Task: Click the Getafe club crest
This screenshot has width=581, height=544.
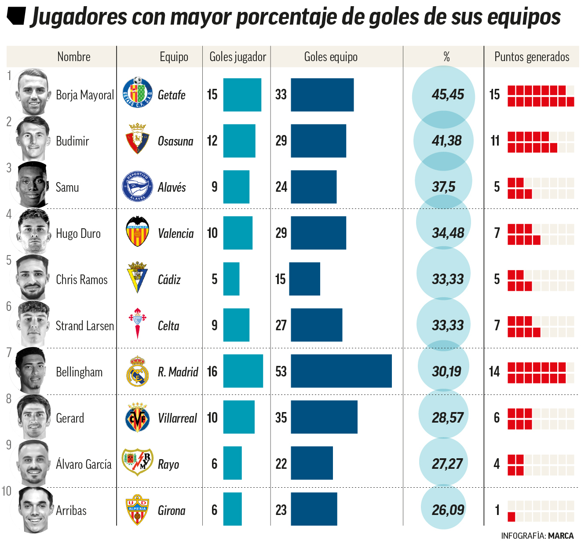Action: point(137,93)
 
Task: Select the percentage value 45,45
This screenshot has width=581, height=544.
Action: point(447,95)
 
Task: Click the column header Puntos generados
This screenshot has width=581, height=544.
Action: point(531,57)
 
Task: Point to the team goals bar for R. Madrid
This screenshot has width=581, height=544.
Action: point(341,371)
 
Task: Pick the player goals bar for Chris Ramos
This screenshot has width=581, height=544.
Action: point(231,279)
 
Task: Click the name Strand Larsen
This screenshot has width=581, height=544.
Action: point(84,326)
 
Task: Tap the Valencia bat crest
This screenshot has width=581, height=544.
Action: point(137,231)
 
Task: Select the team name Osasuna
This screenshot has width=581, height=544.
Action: point(175,141)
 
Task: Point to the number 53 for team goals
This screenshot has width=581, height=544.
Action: point(281,372)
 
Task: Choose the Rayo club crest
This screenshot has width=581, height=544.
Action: point(137,462)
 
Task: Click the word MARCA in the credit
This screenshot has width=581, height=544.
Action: point(561,536)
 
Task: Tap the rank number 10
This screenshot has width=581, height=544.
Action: point(7,491)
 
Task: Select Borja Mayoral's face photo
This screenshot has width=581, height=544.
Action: point(33,92)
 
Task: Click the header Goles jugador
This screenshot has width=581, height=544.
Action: point(238,57)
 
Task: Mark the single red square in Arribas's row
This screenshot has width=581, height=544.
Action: point(511,517)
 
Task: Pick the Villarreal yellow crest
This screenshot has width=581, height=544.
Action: point(137,417)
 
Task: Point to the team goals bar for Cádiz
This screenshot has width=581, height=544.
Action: point(305,279)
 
